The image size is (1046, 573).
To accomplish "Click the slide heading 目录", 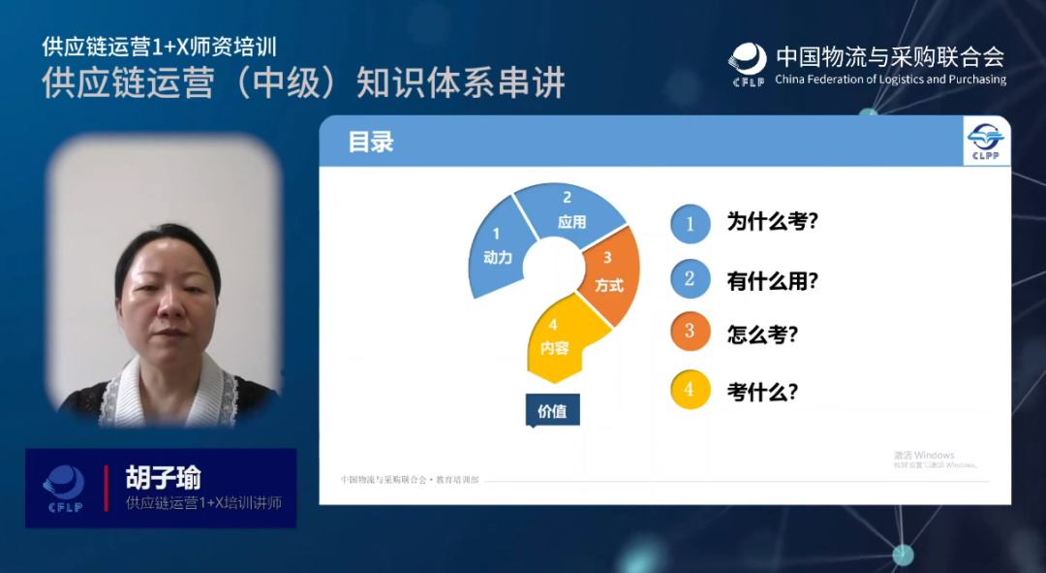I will [371, 143].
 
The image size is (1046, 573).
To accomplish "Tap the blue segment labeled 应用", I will [569, 211].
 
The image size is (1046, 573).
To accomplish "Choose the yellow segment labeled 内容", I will [555, 339].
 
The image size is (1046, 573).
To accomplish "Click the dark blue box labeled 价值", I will [552, 411].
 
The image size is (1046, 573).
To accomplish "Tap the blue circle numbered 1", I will [690, 223].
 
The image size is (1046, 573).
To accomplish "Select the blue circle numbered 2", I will [690, 279].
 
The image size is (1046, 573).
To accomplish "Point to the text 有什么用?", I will [773, 281].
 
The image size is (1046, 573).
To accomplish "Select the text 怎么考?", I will [762, 334].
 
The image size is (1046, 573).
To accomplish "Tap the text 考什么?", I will [762, 392].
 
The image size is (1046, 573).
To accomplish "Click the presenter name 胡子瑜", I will [163, 477].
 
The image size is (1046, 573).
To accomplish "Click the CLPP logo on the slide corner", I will [987, 143].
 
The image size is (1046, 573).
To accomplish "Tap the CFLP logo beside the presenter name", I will [64, 488].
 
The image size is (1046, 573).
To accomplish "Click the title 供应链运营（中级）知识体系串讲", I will [303, 83].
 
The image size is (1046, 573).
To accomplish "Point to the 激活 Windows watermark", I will [924, 456].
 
